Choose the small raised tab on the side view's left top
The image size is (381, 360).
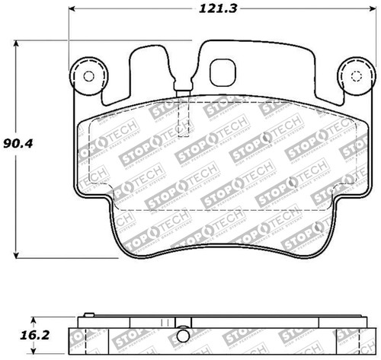pyautogui.click(x=87, y=314)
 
